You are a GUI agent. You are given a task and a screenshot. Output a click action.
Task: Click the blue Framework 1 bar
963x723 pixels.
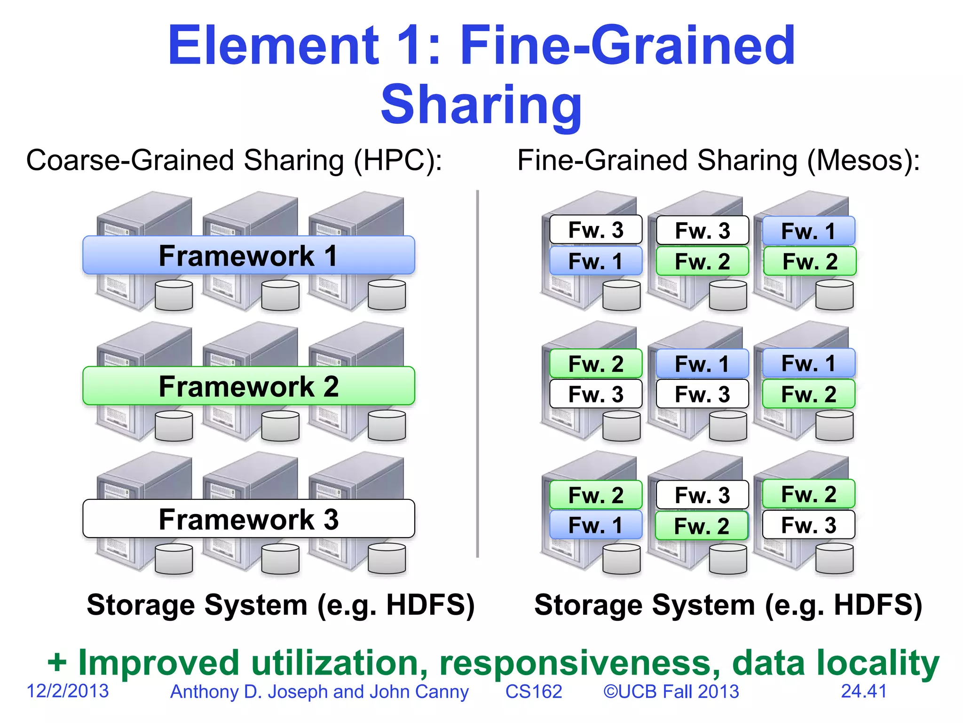248,255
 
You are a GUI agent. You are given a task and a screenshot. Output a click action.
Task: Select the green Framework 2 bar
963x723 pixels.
248,386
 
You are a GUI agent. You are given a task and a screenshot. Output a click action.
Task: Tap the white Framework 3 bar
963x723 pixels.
248,519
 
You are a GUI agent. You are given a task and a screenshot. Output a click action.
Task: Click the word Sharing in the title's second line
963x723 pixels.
481,104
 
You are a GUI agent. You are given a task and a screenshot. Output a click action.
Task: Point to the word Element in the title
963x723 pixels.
273,46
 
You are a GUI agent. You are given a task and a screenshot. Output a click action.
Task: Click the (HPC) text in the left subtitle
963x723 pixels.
398,160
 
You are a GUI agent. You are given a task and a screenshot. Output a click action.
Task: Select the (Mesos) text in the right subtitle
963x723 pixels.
863,160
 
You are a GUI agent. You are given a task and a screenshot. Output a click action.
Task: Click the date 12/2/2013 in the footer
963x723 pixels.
68,691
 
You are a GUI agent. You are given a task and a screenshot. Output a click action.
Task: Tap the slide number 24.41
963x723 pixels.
864,691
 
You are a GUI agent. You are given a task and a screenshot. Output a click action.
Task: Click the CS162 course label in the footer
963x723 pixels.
534,691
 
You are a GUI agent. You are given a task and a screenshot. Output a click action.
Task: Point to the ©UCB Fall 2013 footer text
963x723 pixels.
671,691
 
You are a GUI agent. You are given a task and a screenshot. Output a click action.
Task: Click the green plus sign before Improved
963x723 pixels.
57,663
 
